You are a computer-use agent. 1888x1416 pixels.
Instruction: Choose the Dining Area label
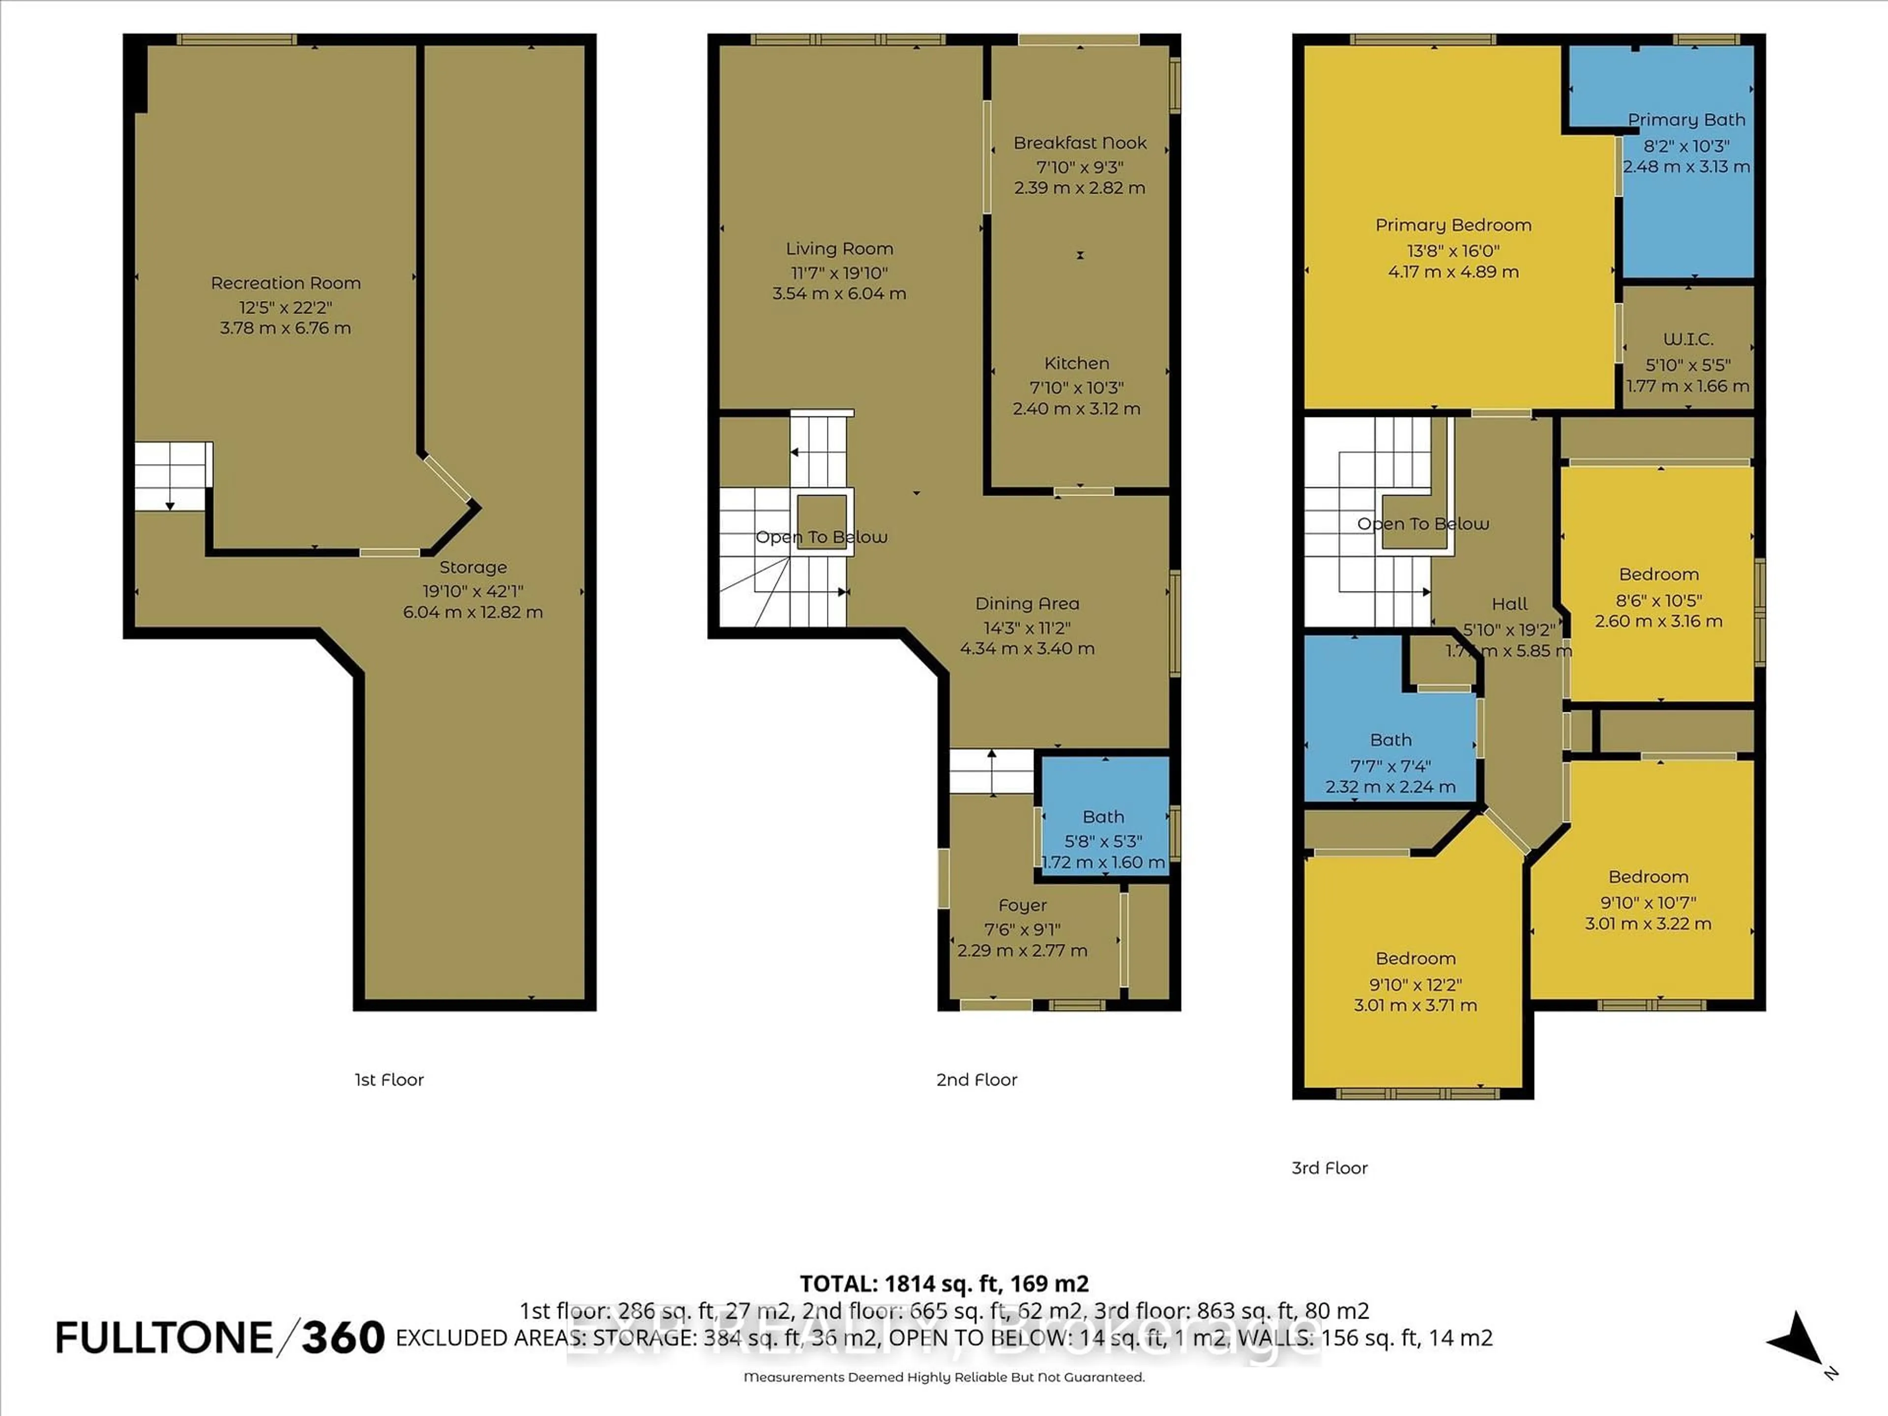click(1027, 603)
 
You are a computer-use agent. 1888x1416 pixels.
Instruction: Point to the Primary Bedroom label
click(1453, 225)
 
